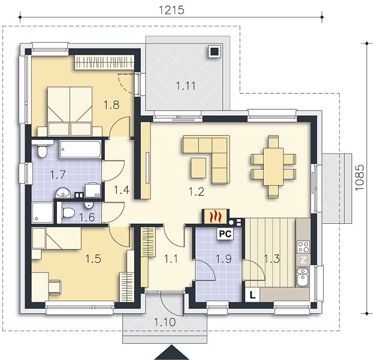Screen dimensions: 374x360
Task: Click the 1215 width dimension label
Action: tap(171, 10)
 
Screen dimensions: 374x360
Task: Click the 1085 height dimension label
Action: tap(359, 178)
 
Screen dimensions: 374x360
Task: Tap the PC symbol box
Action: tap(225, 234)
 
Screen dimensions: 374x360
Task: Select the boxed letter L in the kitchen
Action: tap(252, 295)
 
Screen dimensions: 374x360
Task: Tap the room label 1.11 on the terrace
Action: tap(186, 86)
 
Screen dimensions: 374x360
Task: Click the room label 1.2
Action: tap(197, 191)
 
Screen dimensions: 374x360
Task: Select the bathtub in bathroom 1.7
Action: tap(80, 149)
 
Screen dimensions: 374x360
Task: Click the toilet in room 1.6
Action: tap(68, 212)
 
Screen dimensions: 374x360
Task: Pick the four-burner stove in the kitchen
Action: tap(303, 247)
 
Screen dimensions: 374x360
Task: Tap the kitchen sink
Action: tap(303, 277)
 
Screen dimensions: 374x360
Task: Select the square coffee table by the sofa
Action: tap(198, 168)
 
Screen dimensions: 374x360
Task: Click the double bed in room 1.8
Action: tap(70, 111)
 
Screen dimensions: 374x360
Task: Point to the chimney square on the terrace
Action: tap(215, 51)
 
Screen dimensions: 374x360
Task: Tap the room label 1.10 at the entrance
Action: tap(165, 322)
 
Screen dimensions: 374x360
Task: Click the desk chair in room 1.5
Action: tap(55, 287)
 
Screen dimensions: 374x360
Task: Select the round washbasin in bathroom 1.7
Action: tap(63, 193)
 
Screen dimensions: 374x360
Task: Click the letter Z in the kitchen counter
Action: tap(303, 260)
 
